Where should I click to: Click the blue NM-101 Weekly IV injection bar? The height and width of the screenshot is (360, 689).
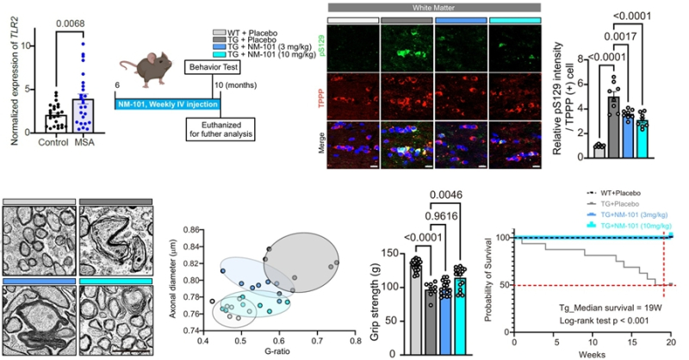169,104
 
